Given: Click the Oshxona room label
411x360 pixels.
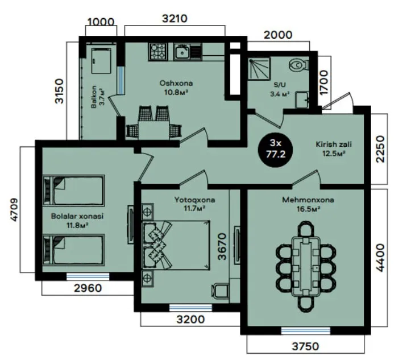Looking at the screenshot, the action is pos(176,84).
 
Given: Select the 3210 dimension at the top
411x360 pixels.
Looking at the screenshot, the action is pos(175,19).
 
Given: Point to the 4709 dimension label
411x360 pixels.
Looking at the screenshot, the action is pos(14,210).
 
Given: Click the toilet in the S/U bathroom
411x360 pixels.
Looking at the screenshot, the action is pos(299,64).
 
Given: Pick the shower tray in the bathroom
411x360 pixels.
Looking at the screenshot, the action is pos(259,68).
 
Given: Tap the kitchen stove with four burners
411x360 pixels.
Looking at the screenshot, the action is pos(159,51).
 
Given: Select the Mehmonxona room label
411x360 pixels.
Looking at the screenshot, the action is pos(308,200).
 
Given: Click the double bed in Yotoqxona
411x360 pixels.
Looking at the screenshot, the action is pos(176,245).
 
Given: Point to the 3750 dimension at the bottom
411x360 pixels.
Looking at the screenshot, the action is pos(306,346).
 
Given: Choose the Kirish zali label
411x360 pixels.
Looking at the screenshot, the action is pos(334,144).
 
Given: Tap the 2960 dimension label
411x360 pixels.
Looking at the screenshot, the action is pos(88,288).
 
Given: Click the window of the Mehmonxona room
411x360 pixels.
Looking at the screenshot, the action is pos(306,330).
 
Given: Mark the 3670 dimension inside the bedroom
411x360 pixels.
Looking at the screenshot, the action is pos(222,246).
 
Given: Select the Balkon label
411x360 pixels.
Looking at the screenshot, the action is pos(94,97).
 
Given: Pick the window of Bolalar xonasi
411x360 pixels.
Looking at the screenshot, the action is pos(88,276).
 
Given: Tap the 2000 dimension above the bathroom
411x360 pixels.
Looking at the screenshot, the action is pos(278,35).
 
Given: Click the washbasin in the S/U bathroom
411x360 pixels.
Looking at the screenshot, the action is pos(302,100).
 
